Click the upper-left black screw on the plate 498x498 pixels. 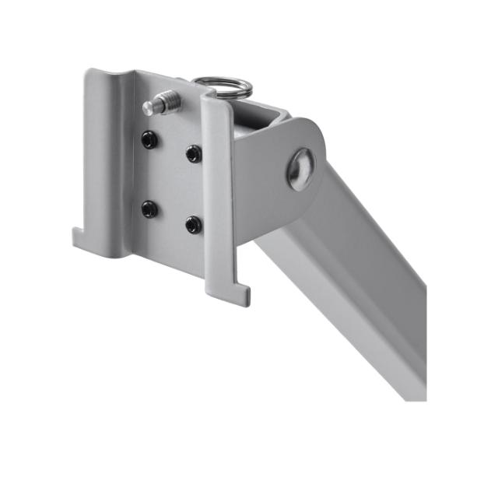149,140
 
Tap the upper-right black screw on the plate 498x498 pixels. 193,154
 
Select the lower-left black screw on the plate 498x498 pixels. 149,209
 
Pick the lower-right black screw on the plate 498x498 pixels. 193,226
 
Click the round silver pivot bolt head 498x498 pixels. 301,169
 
